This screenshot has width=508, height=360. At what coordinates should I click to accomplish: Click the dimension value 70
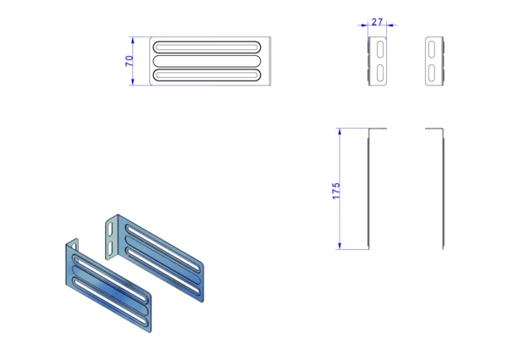(128, 61)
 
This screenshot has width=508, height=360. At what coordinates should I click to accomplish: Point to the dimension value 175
(336, 190)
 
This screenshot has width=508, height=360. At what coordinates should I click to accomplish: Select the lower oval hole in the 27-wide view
(380, 72)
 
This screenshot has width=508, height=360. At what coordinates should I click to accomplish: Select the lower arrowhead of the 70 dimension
(134, 82)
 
